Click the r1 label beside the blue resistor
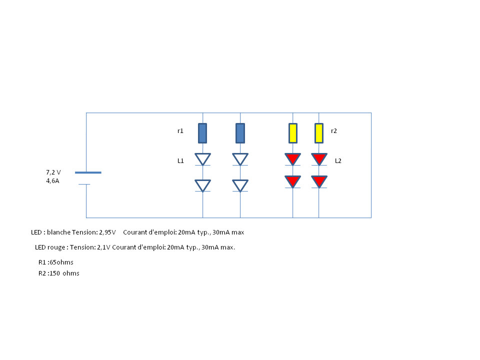(180, 131)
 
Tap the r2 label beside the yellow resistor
(334, 131)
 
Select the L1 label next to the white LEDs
(180, 161)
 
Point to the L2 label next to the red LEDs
(338, 161)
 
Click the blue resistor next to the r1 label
(202, 133)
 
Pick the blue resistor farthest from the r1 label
(240, 133)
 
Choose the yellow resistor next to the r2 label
(318, 133)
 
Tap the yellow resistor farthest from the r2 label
(292, 133)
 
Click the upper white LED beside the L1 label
(202, 159)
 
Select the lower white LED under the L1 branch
(202, 185)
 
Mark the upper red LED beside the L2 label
(319, 159)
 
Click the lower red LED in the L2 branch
(319, 181)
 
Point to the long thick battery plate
(88, 172)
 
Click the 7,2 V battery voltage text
(53, 172)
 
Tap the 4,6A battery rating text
(52, 181)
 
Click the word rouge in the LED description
(57, 247)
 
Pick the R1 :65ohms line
(56, 262)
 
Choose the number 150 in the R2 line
(55, 273)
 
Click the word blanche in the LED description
(58, 232)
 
